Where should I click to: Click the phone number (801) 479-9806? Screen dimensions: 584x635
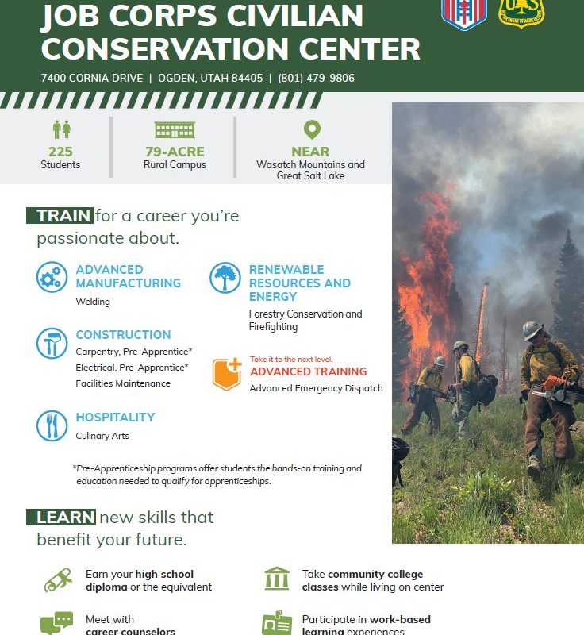316,78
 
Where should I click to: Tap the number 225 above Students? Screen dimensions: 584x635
61,152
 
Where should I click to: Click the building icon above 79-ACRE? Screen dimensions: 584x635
175,130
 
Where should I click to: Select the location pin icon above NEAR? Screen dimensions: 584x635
312,129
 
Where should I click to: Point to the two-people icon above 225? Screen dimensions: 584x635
62,129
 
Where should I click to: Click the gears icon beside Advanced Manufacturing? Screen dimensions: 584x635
52,277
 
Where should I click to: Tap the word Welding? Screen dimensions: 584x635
93,302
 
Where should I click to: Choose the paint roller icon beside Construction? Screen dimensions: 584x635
52,344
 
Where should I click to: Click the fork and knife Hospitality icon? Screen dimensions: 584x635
52,425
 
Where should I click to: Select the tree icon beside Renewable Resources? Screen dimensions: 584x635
225,277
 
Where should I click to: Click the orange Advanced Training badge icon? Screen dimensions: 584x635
227,374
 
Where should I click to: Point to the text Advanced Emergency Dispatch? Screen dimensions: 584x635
316,388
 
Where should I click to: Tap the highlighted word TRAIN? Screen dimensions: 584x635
63,216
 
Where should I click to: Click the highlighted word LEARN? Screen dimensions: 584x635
65,518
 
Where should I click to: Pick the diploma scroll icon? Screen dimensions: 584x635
58,580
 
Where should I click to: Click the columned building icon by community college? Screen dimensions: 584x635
277,579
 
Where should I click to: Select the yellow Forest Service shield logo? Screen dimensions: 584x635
521,13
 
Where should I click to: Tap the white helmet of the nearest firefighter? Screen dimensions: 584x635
532,329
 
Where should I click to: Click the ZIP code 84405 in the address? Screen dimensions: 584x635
248,78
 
